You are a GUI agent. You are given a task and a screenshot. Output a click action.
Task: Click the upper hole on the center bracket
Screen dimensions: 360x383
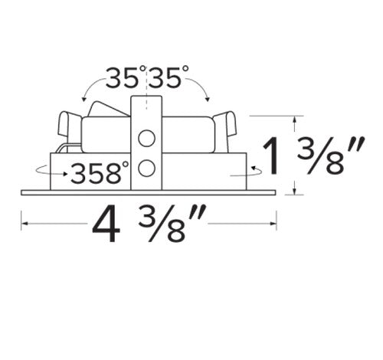point(147,139)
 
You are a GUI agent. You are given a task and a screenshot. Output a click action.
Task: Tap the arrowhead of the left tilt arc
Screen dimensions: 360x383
point(83,96)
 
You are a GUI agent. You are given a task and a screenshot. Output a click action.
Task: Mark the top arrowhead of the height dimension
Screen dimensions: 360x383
point(295,119)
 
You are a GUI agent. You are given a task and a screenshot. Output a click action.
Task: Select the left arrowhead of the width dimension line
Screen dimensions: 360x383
point(24,224)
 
